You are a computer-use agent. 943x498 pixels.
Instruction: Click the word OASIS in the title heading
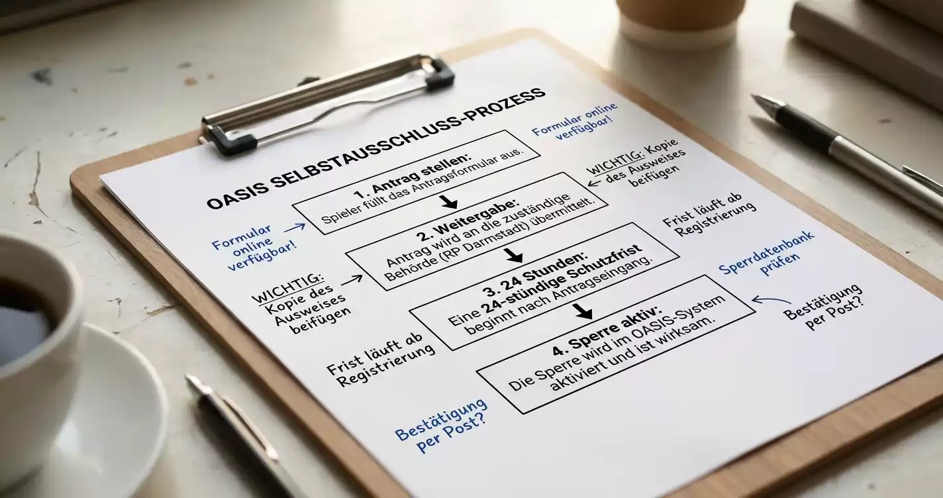[235, 193]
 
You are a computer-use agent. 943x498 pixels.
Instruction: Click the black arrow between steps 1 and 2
[449, 201]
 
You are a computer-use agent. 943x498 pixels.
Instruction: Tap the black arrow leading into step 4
[583, 311]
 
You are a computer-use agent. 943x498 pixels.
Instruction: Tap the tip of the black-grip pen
[753, 97]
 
